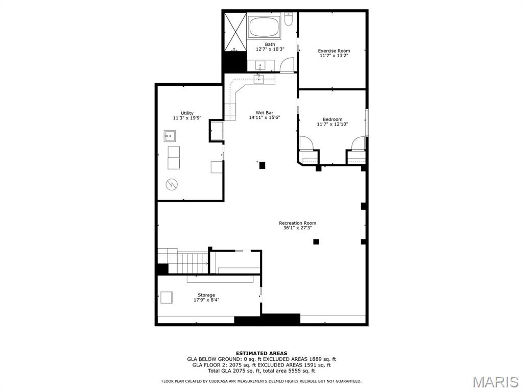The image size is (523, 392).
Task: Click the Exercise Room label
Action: (x=334, y=51)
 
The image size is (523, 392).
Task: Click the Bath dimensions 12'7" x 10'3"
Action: (x=270, y=49)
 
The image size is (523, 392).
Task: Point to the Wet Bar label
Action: (x=265, y=113)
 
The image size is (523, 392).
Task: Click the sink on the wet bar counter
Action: (x=259, y=79)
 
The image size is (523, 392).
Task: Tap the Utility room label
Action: (x=187, y=113)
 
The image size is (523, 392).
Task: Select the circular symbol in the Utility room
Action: (x=172, y=184)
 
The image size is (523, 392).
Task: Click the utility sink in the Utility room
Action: (x=170, y=136)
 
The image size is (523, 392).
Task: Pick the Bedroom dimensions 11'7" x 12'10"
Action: (x=332, y=125)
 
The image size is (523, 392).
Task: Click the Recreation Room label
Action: (x=298, y=223)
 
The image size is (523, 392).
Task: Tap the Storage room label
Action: (x=206, y=295)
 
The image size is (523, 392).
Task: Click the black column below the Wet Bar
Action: (x=262, y=165)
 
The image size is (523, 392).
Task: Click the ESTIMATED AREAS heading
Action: (x=261, y=353)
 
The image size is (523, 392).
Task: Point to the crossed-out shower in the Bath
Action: (x=235, y=32)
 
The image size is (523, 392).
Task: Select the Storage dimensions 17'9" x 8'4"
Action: (x=206, y=300)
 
